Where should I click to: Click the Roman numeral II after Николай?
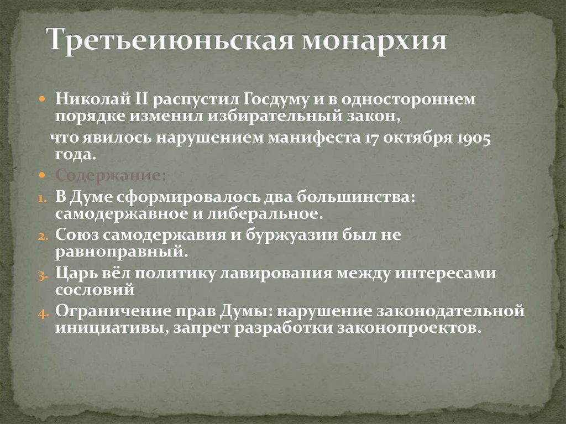(x=138, y=100)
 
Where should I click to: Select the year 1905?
(x=474, y=138)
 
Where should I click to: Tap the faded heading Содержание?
(x=110, y=175)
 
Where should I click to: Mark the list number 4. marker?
(x=44, y=312)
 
